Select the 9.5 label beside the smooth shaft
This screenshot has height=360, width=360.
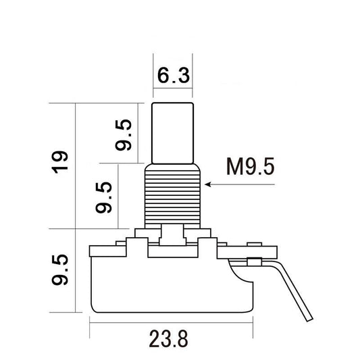[x=124, y=134]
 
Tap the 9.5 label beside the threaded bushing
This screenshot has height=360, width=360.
[x=104, y=196]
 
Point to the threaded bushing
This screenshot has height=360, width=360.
[x=172, y=196]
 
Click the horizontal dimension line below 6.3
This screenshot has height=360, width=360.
[x=172, y=88]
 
